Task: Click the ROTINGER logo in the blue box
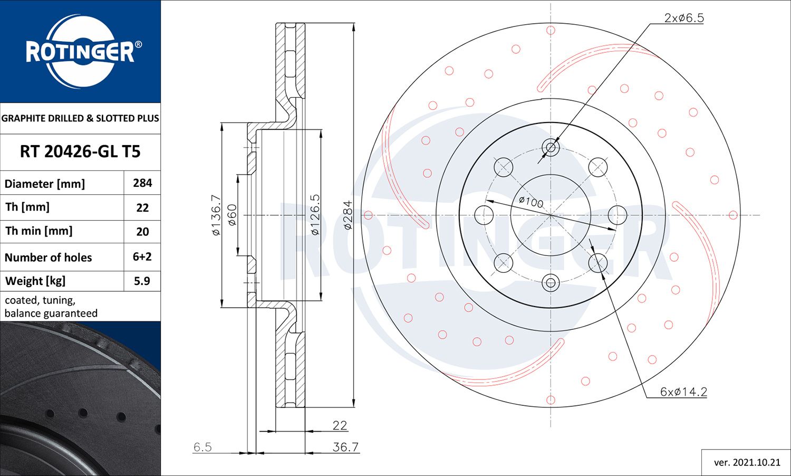pyautogui.click(x=80, y=52)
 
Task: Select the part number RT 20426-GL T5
pyautogui.click(x=80, y=152)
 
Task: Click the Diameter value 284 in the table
pyautogui.click(x=142, y=183)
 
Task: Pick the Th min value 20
pyautogui.click(x=142, y=231)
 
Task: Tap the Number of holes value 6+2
pyautogui.click(x=142, y=257)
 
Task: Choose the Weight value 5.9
pyautogui.click(x=142, y=281)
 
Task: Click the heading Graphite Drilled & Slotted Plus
pyautogui.click(x=80, y=118)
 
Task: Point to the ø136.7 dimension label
pyautogui.click(x=216, y=215)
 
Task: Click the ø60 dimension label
pyautogui.click(x=232, y=215)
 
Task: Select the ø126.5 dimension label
pyautogui.click(x=315, y=215)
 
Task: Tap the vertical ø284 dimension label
pyautogui.click(x=348, y=215)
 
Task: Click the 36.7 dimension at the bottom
pyautogui.click(x=345, y=447)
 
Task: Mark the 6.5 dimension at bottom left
pyautogui.click(x=202, y=447)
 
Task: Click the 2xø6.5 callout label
pyautogui.click(x=684, y=18)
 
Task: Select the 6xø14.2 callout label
pyautogui.click(x=683, y=392)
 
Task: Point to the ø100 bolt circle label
pyautogui.click(x=530, y=202)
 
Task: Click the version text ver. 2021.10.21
pyautogui.click(x=747, y=462)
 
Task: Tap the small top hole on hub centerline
pyautogui.click(x=551, y=147)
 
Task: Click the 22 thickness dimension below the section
pyautogui.click(x=340, y=425)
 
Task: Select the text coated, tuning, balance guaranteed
pyautogui.click(x=51, y=307)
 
